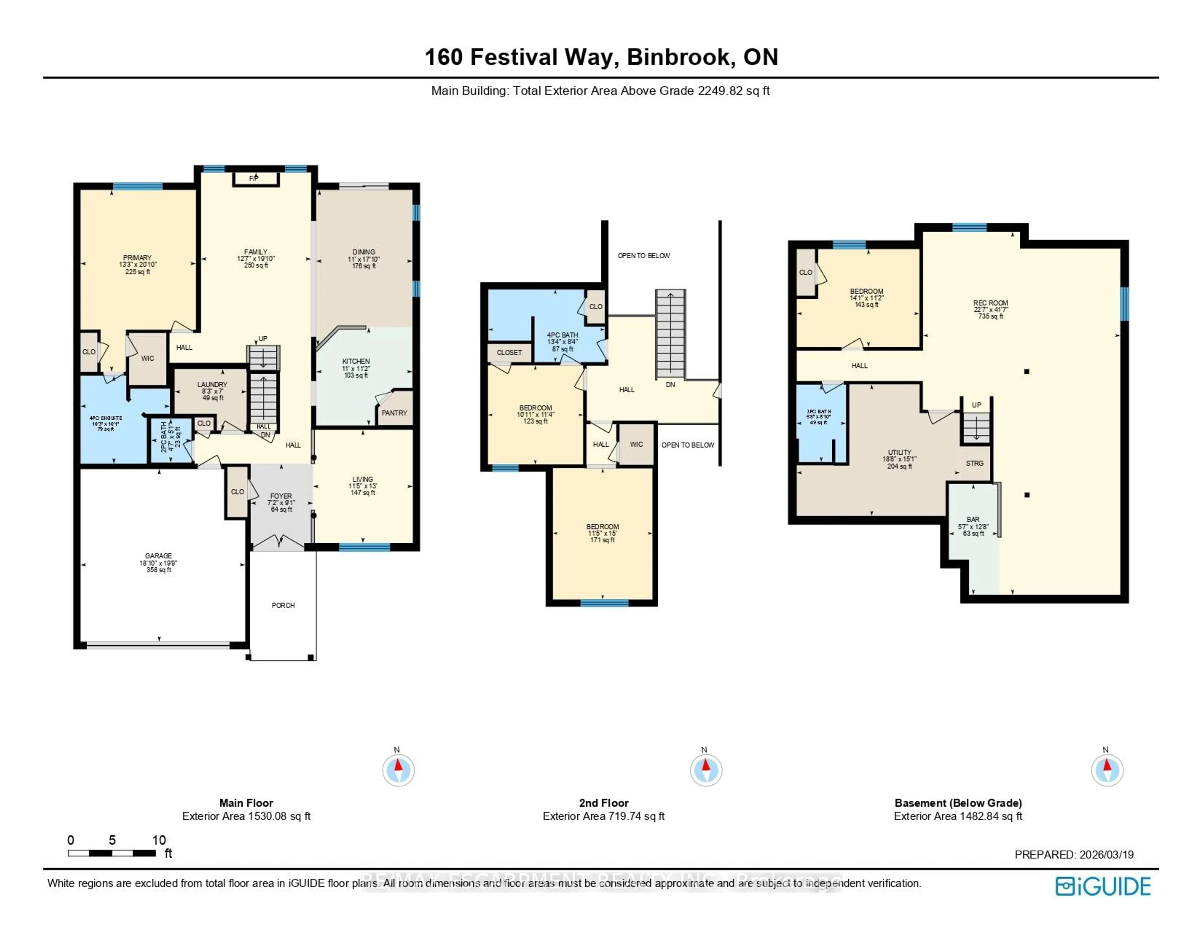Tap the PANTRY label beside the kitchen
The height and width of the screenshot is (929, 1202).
[394, 413]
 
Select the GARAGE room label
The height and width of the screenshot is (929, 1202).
[158, 556]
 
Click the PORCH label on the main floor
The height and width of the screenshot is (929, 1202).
[283, 605]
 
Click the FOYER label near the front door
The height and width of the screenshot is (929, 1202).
[281, 496]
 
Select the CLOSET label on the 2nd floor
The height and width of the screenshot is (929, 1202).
[509, 353]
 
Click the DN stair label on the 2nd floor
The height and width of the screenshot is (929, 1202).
[670, 385]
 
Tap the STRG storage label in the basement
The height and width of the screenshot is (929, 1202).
[974, 463]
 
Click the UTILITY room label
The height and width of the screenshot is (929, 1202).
[899, 452]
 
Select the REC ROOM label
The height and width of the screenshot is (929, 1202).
[990, 303]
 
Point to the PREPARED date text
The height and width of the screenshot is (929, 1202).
[1074, 855]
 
